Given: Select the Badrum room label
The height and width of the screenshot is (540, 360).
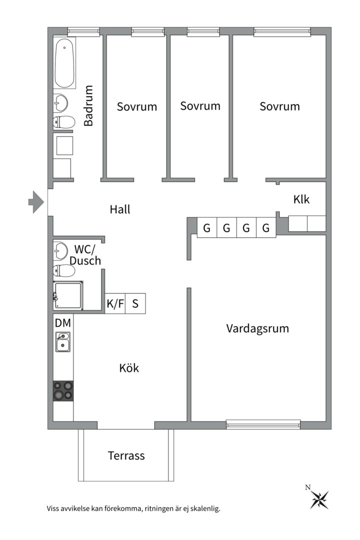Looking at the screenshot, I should [x=88, y=105].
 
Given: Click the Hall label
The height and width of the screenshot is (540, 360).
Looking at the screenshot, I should [x=120, y=209].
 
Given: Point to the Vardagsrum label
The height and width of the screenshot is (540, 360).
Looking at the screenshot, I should [x=257, y=328].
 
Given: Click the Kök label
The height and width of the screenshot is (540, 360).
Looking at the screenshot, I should [x=129, y=368].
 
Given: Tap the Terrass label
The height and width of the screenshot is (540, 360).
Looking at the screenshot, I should [x=126, y=455].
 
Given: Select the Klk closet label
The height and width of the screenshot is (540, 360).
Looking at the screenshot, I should [x=301, y=199].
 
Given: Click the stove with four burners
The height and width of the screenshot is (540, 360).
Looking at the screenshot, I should [x=63, y=390].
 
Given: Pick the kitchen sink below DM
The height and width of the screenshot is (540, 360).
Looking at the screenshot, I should [x=63, y=342].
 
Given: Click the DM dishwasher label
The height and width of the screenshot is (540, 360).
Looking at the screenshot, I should [x=63, y=323].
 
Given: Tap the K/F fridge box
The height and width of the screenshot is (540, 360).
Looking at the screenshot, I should [x=115, y=303].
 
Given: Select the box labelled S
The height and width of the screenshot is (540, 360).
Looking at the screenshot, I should [x=135, y=303].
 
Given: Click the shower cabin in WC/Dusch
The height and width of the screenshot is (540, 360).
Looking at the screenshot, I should [x=68, y=294].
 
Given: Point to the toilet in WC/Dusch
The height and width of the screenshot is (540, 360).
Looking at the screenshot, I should [x=63, y=270].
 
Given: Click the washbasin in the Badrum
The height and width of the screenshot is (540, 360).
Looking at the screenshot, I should [x=61, y=103].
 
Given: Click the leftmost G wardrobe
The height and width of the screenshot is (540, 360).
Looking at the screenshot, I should [x=206, y=228].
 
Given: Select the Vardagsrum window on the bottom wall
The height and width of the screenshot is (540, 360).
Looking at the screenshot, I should [x=263, y=424].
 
